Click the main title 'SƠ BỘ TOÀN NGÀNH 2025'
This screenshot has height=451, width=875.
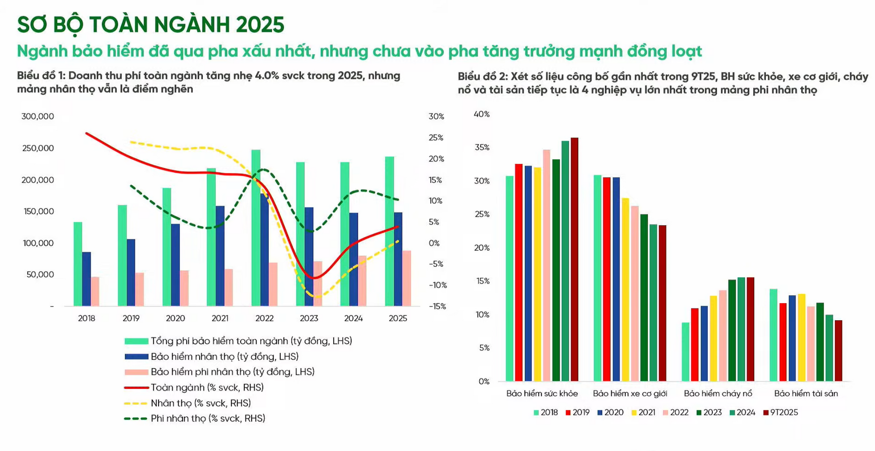tap(150, 25)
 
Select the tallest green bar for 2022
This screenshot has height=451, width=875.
tap(256, 228)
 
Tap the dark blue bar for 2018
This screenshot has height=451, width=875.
tap(87, 279)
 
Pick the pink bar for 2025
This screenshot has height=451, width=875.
tap(407, 278)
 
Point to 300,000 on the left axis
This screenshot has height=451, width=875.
tap(37, 116)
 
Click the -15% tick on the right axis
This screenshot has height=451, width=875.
tap(437, 306)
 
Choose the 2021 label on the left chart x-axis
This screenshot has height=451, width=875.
tap(220, 318)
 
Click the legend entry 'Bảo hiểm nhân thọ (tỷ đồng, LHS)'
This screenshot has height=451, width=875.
tap(224, 357)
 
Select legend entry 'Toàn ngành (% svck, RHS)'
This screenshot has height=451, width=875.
tap(207, 388)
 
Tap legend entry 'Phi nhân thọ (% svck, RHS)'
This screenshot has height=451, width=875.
tap(207, 419)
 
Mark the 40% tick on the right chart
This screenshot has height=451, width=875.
tap(482, 114)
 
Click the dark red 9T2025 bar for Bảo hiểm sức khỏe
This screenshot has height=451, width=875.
tap(574, 260)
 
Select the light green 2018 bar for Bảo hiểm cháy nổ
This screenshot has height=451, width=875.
tap(685, 352)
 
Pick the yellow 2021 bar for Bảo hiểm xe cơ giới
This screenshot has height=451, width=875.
tap(625, 290)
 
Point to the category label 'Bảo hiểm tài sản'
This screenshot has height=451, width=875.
tap(806, 394)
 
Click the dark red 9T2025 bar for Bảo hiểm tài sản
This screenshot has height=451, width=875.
tap(838, 351)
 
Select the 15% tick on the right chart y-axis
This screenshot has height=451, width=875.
tap(483, 281)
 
